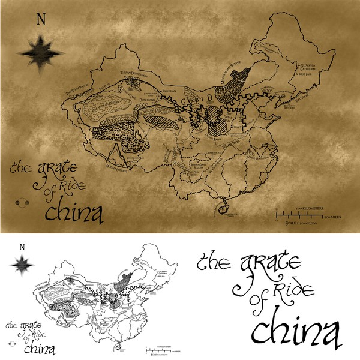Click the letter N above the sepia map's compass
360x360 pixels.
(x=41, y=19)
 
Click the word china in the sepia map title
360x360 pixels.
(x=71, y=211)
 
